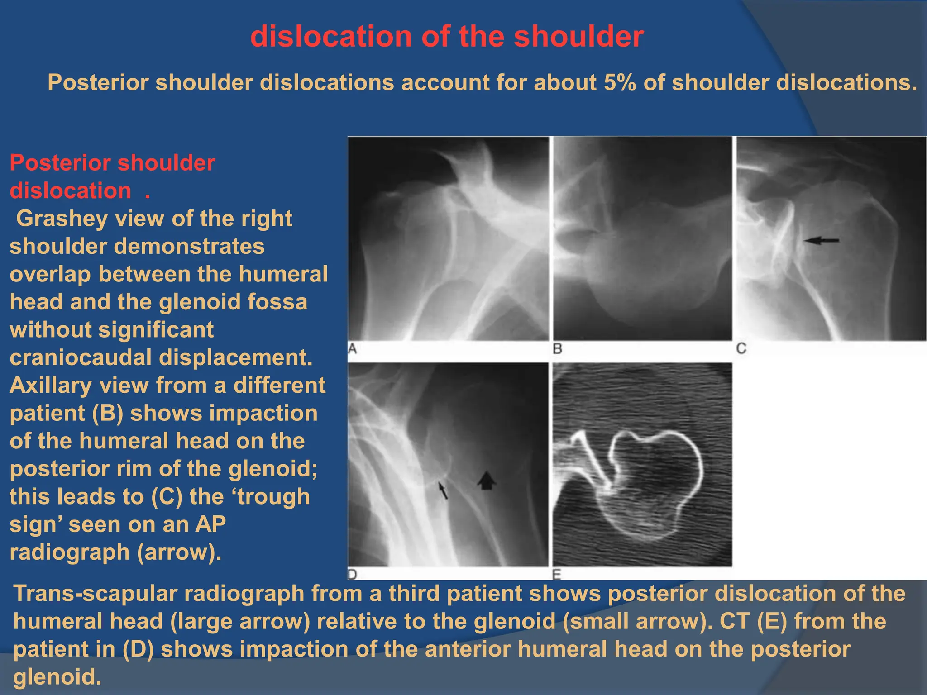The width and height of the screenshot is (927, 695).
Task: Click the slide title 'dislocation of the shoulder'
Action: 447,36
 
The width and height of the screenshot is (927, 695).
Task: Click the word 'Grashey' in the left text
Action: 62,219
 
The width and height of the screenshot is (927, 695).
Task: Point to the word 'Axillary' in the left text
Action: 50,386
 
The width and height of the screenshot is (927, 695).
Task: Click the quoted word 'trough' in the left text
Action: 274,497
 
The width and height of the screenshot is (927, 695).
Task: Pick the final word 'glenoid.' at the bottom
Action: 57,677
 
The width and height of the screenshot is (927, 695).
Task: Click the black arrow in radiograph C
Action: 821,241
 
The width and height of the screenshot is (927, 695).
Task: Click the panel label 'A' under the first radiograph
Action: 353,349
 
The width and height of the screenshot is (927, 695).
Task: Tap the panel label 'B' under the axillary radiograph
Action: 558,349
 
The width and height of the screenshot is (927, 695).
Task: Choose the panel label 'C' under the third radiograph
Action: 741,348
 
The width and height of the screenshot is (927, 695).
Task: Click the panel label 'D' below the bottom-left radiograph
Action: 353,574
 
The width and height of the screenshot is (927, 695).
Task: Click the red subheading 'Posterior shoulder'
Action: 112,163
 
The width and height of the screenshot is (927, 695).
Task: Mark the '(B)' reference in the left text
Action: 107,414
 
